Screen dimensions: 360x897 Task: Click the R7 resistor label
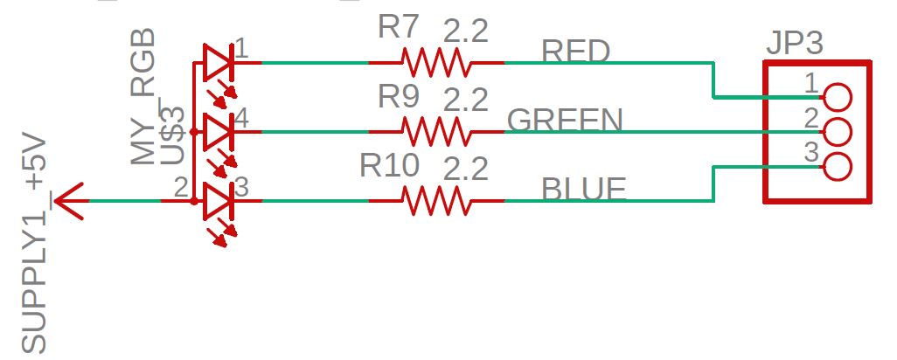[400, 27]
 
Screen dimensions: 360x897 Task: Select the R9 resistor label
[400, 97]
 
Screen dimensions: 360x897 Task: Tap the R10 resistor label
[391, 166]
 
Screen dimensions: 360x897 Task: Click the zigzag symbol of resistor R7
[435, 63]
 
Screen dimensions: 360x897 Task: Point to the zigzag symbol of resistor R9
[435, 132]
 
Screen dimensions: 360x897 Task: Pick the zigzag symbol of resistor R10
[435, 201]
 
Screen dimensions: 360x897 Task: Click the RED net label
[576, 52]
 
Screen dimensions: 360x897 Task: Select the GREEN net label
[565, 121]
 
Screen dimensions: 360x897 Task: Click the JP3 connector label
[795, 43]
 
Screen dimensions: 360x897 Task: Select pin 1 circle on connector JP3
[838, 97]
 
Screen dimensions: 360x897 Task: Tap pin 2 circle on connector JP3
[838, 132]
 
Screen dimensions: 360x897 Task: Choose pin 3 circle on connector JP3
[838, 166]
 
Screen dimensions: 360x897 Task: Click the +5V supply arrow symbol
[69, 201]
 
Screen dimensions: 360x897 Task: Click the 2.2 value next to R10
[465, 168]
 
